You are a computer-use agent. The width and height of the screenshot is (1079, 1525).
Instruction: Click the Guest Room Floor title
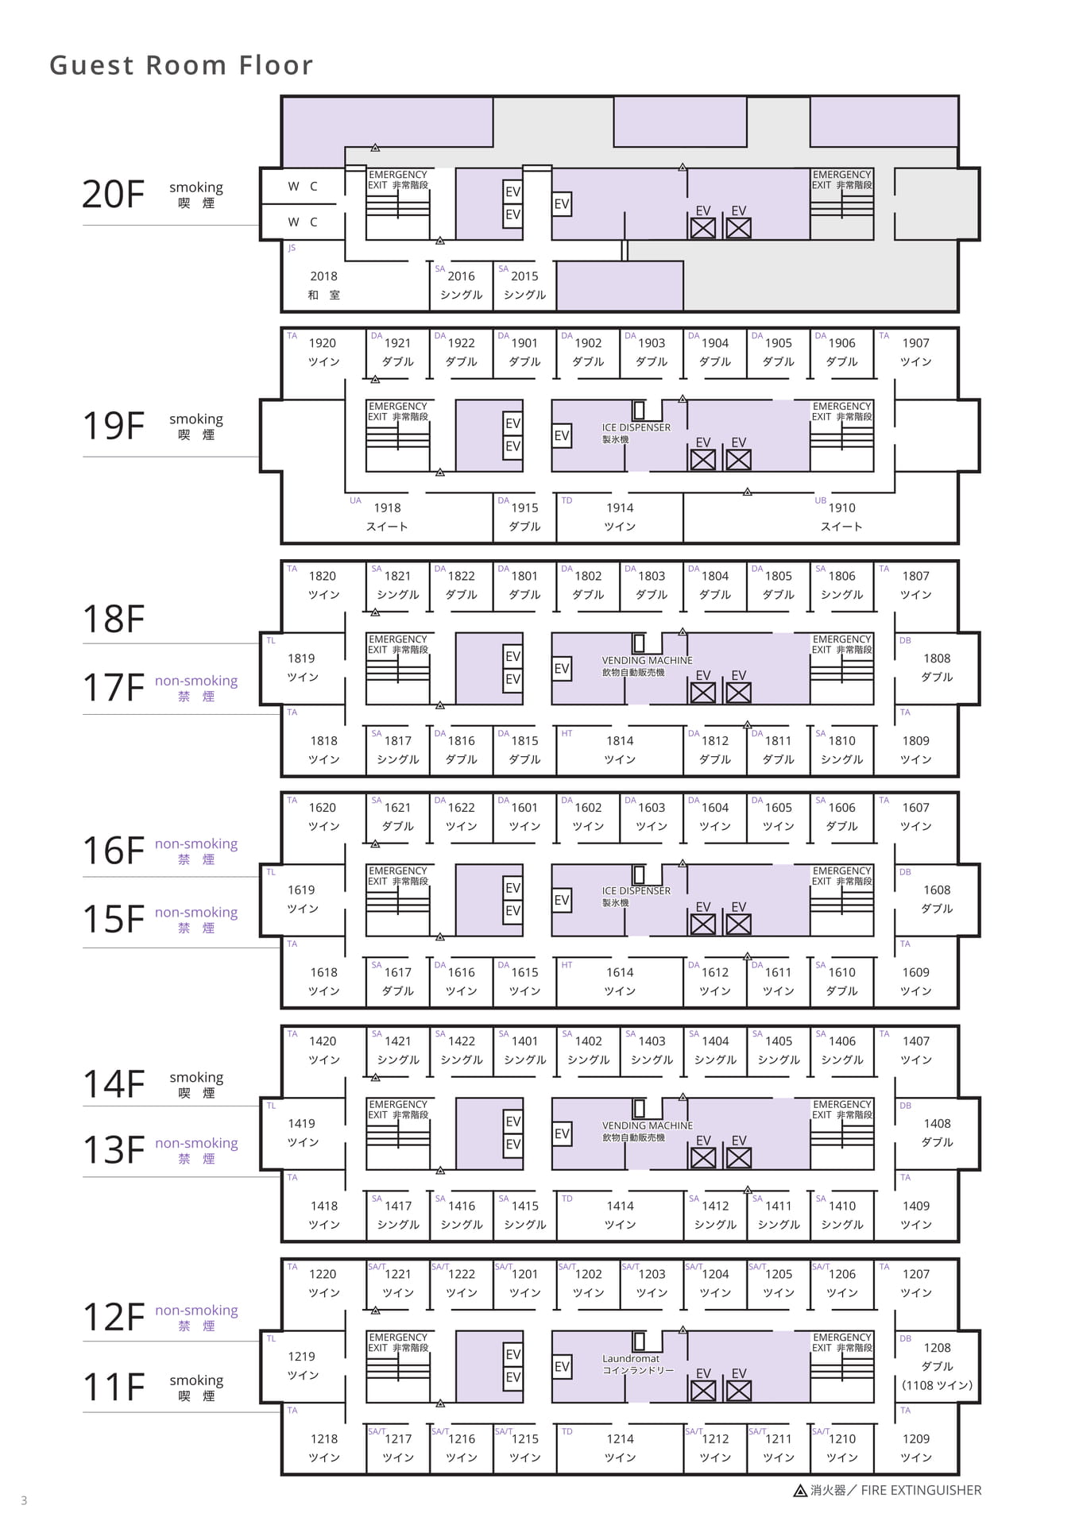181,65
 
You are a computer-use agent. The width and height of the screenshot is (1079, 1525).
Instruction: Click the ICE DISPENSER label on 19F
636,427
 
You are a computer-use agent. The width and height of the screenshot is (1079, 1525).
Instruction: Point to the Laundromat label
631,1358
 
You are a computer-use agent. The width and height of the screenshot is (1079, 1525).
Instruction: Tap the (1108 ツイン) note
937,1385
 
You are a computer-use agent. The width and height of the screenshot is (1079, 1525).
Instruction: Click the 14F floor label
114,1084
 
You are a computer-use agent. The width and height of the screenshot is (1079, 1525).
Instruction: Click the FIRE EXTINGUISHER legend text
921,1491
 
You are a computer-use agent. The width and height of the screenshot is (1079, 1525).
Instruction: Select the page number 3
24,1500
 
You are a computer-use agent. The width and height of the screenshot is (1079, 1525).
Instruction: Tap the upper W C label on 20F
303,186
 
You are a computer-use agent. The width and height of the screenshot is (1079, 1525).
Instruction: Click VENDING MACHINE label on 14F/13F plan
647,1125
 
